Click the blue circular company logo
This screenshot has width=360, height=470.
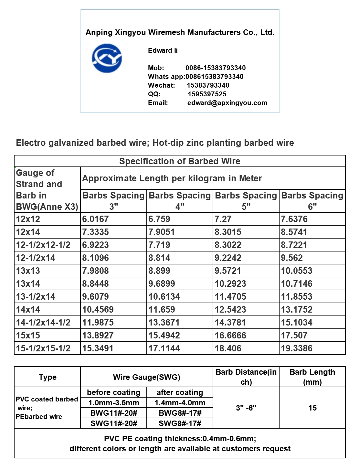pyautogui.click(x=107, y=59)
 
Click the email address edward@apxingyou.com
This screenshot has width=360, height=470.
pyautogui.click(x=227, y=103)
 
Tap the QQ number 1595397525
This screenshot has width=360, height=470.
pyautogui.click(x=207, y=94)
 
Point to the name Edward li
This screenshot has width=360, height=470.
pyautogui.click(x=163, y=50)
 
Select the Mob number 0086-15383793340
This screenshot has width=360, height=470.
pyautogui.click(x=216, y=68)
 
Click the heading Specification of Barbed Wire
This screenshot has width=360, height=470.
pyautogui.click(x=180, y=161)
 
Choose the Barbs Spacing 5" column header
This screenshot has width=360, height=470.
pyautogui.click(x=246, y=201)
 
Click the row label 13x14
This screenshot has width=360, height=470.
pyautogui.click(x=28, y=283)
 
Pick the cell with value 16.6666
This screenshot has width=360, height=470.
pyautogui.click(x=230, y=335)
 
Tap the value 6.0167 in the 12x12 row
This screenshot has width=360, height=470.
pyautogui.click(x=95, y=219)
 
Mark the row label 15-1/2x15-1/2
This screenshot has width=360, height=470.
pyautogui.click(x=43, y=348)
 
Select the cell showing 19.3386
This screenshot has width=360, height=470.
pyautogui.click(x=297, y=348)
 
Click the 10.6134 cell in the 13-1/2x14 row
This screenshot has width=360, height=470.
pyautogui.click(x=164, y=296)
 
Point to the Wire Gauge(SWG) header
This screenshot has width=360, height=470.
pyautogui.click(x=147, y=377)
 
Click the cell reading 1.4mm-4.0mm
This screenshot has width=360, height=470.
pyautogui.click(x=180, y=403)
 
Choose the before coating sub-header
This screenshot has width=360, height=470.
pyautogui.click(x=114, y=392)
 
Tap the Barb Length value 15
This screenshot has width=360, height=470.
pyautogui.click(x=312, y=408)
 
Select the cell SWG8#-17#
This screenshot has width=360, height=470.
pyautogui.click(x=180, y=423)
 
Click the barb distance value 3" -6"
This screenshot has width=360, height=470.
pyautogui.click(x=246, y=408)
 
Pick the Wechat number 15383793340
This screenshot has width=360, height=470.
pyautogui.click(x=208, y=85)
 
